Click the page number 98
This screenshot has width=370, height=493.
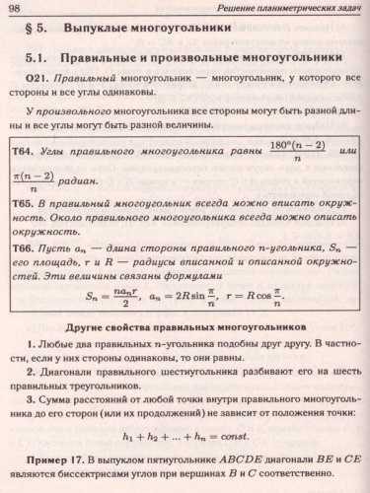(x=21, y=9)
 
